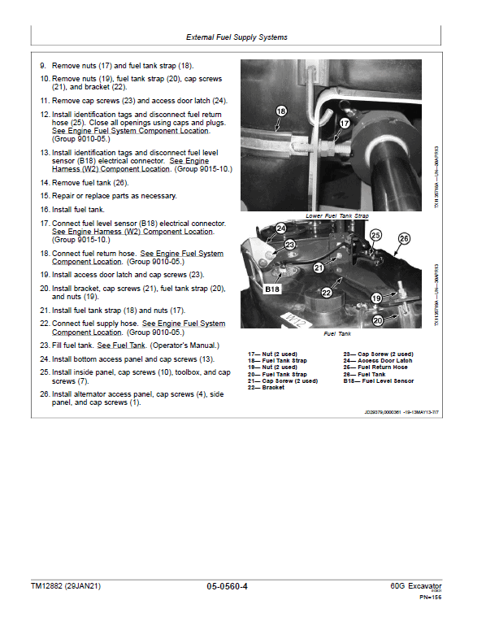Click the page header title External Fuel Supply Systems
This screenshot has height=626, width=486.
tap(236, 37)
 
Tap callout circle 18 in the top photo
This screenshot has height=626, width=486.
tap(281, 111)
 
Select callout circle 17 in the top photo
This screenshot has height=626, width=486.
tap(344, 124)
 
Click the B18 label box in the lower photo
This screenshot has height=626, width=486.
tap(271, 288)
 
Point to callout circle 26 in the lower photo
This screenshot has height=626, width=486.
tap(404, 239)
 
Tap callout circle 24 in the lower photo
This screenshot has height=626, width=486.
tap(280, 229)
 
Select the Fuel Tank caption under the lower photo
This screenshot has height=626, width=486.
tap(336, 334)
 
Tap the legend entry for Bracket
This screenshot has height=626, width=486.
tap(267, 387)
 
